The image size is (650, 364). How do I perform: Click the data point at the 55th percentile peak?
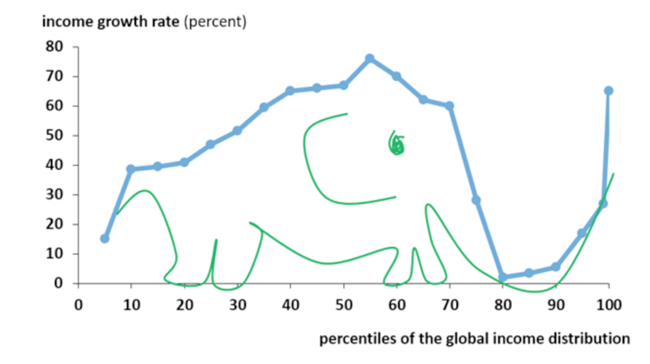(370, 58)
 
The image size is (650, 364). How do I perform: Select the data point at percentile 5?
(105, 239)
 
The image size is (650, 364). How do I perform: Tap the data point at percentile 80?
(503, 277)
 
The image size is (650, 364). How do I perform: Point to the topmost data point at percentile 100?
(608, 90)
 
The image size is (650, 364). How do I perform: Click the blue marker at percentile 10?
(131, 169)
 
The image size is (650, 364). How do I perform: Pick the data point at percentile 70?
(449, 107)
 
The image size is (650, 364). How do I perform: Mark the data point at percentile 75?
(476, 200)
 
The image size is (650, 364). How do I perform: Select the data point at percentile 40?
(290, 90)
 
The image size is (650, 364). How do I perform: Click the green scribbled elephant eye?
(397, 145)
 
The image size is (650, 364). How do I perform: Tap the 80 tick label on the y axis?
(56, 47)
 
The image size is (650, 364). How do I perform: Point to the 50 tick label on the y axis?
(56, 136)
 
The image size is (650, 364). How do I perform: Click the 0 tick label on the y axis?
(60, 283)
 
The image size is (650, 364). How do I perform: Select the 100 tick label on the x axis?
(608, 303)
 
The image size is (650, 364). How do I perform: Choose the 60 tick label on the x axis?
(396, 303)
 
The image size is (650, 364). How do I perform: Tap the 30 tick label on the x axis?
(237, 303)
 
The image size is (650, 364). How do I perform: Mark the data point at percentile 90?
(555, 267)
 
